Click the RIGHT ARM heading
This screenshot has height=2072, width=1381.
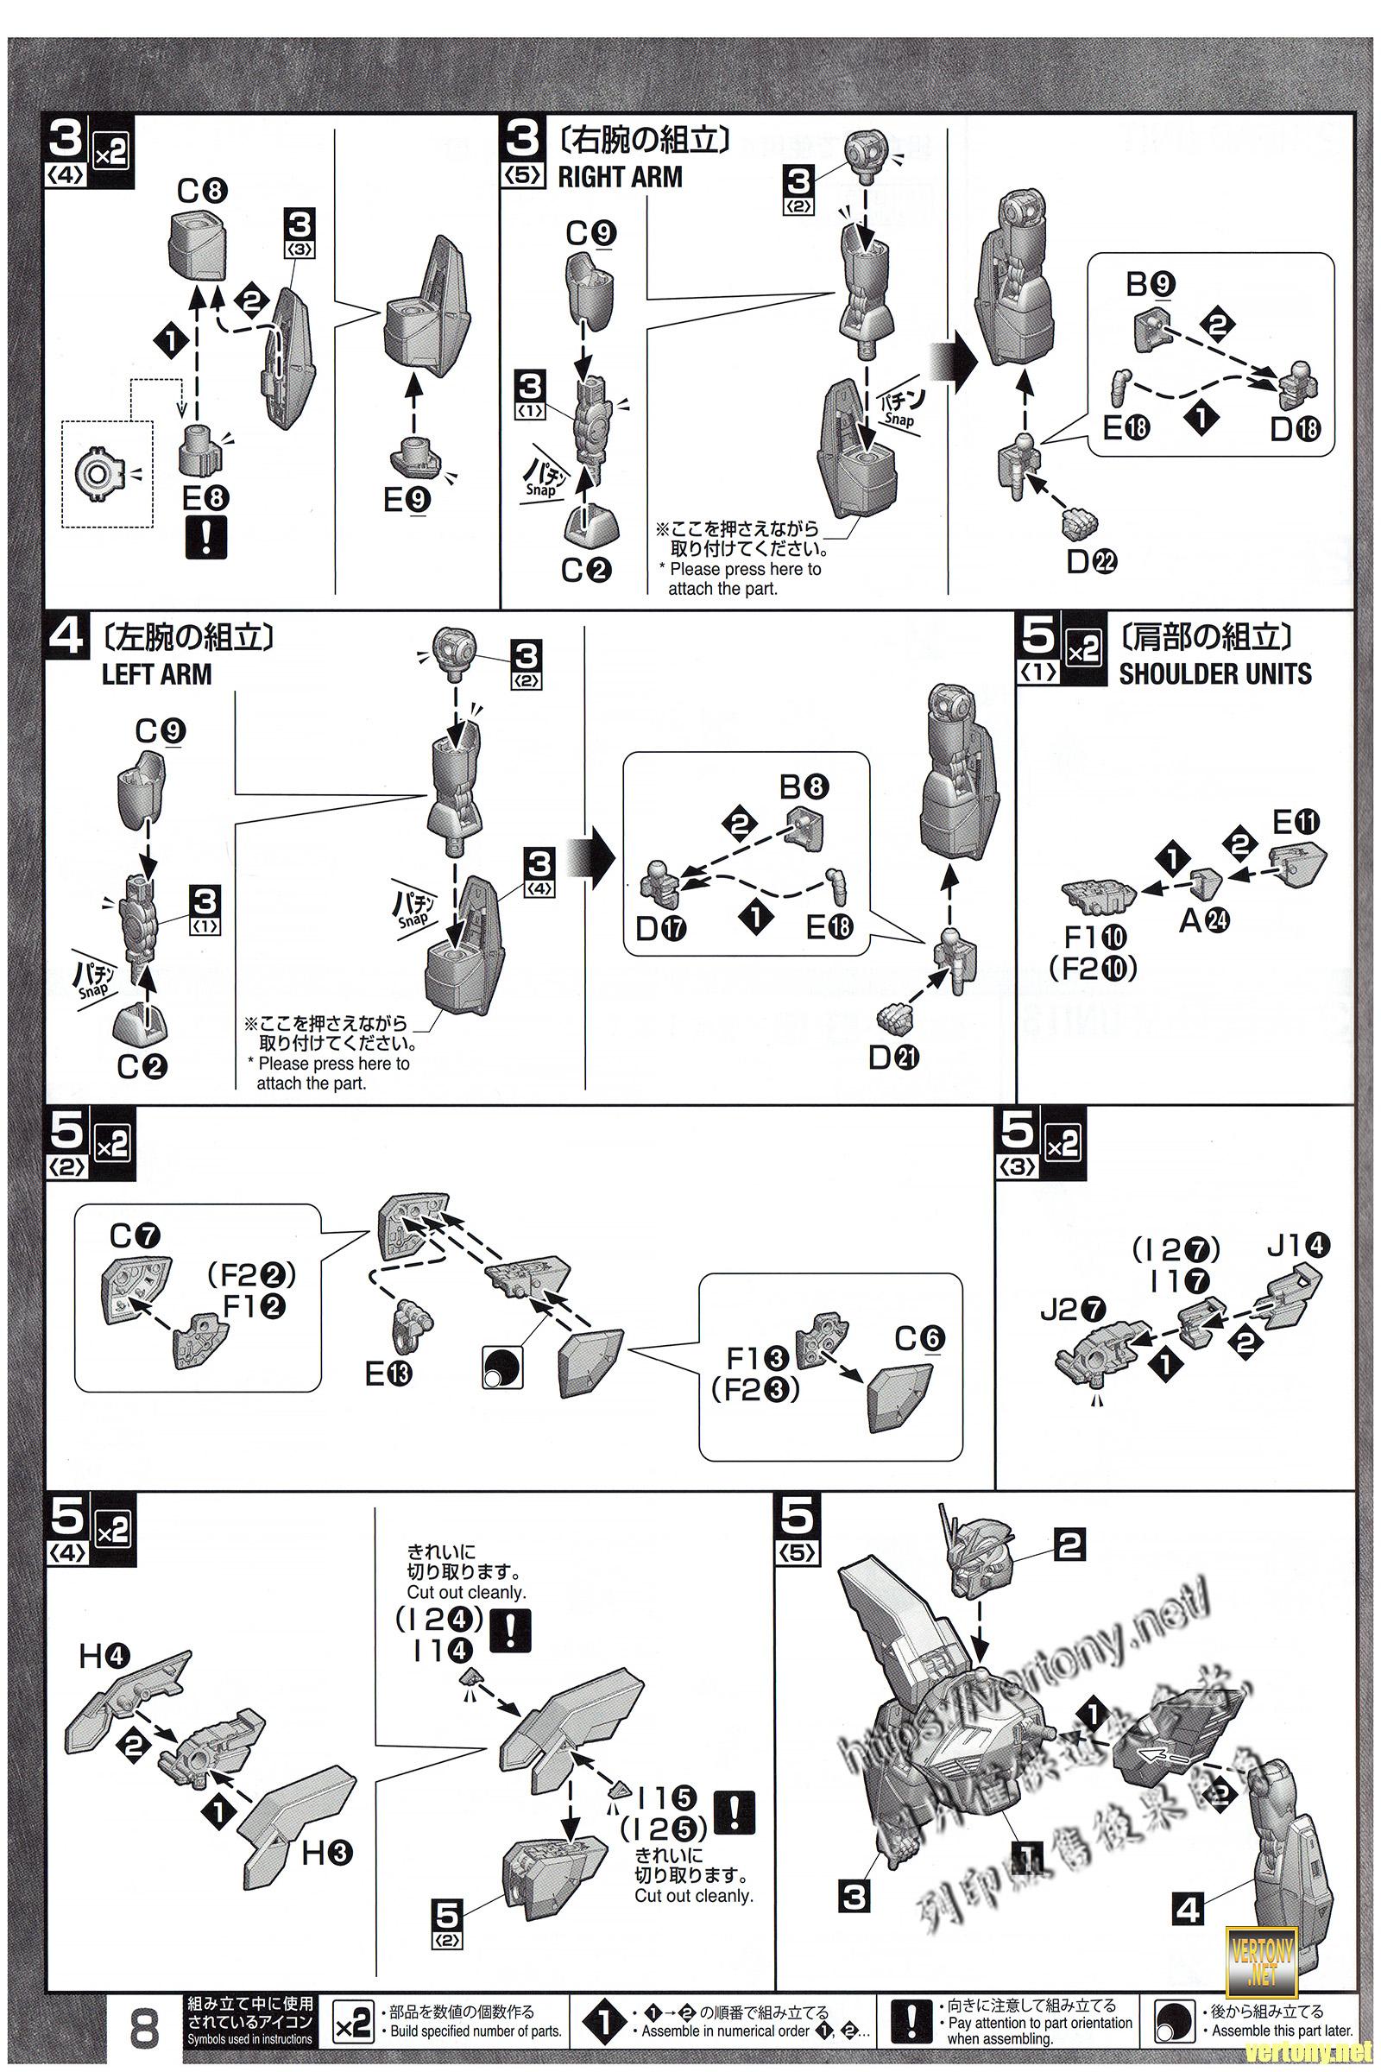click(x=619, y=177)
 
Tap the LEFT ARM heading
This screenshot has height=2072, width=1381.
click(x=157, y=675)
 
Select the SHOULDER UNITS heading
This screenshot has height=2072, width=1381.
click(x=1214, y=674)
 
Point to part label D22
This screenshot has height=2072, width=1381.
click(x=1091, y=561)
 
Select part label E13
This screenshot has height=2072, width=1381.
click(x=388, y=1374)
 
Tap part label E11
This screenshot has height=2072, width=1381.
click(x=1296, y=824)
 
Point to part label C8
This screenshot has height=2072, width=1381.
click(x=202, y=190)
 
